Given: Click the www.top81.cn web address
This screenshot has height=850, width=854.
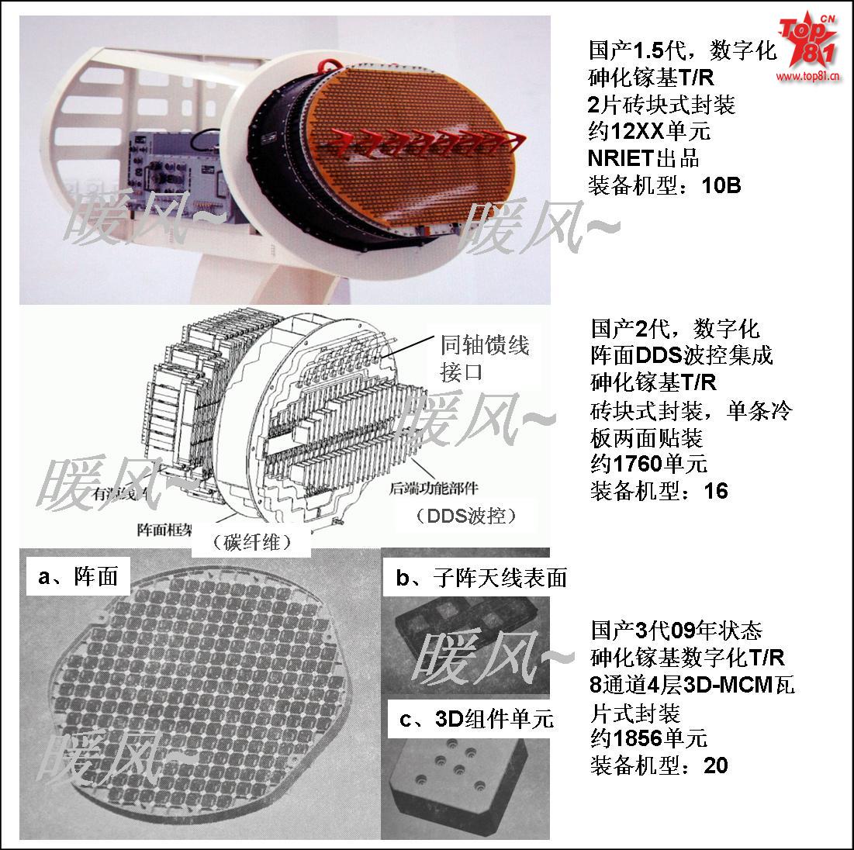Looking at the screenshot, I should click(809, 78).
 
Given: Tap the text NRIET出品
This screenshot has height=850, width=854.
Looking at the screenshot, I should click(644, 158).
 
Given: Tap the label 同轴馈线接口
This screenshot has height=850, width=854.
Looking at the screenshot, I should click(485, 358).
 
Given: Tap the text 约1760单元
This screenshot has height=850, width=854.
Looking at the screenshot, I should click(649, 464).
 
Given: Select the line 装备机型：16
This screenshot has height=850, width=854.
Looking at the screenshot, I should click(660, 491).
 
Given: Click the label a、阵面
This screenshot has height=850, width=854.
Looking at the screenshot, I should click(78, 576).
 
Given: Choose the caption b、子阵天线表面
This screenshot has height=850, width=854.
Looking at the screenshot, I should click(481, 577).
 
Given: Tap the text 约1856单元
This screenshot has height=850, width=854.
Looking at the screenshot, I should click(649, 738).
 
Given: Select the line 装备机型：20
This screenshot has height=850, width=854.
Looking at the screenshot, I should click(660, 765).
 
